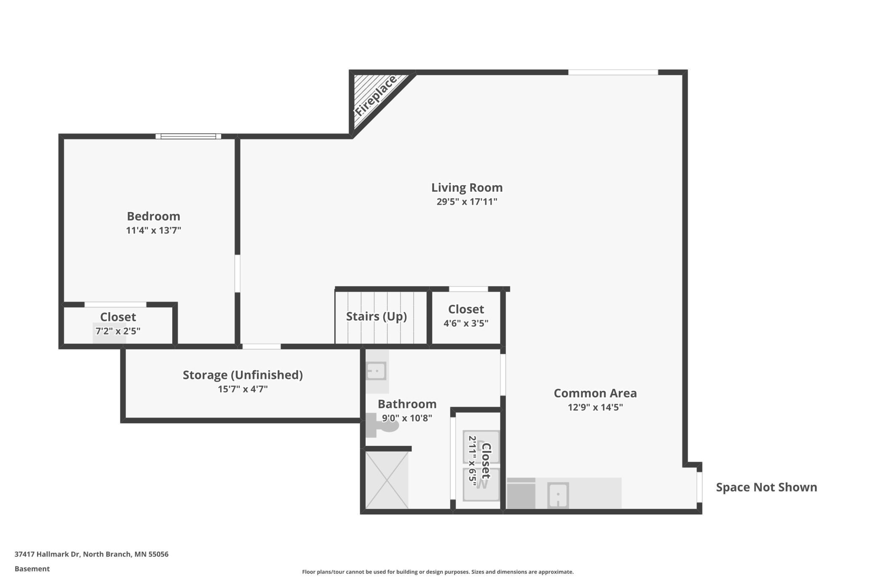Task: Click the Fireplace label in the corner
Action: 375,96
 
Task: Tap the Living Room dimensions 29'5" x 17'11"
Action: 467,202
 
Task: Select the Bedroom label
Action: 153,216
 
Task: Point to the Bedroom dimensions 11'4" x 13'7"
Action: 153,230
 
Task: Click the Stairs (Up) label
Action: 377,316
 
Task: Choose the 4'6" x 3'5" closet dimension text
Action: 466,324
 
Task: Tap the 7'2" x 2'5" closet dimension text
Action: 118,331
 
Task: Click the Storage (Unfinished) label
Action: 243,375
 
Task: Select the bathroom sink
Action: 376,371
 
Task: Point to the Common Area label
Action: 595,393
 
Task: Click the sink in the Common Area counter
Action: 558,495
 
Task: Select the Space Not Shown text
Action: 766,488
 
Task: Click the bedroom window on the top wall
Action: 188,136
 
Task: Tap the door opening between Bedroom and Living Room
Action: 238,273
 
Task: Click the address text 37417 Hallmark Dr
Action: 47,554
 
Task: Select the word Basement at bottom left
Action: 32,569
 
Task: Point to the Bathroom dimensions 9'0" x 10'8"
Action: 407,418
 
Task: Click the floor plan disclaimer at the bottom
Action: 438,572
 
